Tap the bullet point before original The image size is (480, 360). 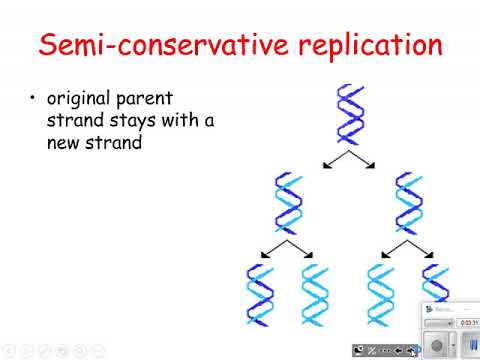pyautogui.click(x=33, y=100)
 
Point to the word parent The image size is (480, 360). pyautogui.click(x=160, y=100)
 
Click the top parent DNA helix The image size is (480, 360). pyautogui.click(x=350, y=115)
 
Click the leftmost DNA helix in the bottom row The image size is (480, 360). pyautogui.click(x=259, y=297)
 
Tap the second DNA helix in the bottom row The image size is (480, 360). pyautogui.click(x=316, y=297)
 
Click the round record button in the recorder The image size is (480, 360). pyautogui.click(x=436, y=345)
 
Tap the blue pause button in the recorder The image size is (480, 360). pyautogui.click(x=471, y=345)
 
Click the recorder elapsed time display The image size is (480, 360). pyautogui.click(x=466, y=323)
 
